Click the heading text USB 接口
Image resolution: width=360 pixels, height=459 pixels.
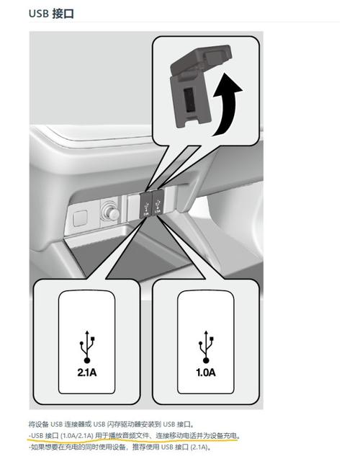pos(51,14)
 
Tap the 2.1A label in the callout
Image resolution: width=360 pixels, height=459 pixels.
pos(87,373)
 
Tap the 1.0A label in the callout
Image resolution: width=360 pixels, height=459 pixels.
pos(206,373)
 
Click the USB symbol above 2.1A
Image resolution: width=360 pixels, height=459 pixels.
pos(87,347)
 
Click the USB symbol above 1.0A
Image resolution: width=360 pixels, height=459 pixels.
pos(206,347)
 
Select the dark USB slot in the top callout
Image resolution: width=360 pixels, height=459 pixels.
pos(190,99)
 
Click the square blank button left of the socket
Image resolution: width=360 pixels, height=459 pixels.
pos(80,218)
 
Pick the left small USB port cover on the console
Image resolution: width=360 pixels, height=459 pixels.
pos(146,205)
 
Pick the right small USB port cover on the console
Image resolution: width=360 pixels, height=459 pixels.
pos(158,202)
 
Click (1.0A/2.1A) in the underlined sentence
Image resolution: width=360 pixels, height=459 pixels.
pos(77,435)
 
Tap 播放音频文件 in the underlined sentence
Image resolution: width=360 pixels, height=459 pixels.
pos(129,435)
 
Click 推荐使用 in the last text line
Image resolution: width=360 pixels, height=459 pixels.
pos(145,447)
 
